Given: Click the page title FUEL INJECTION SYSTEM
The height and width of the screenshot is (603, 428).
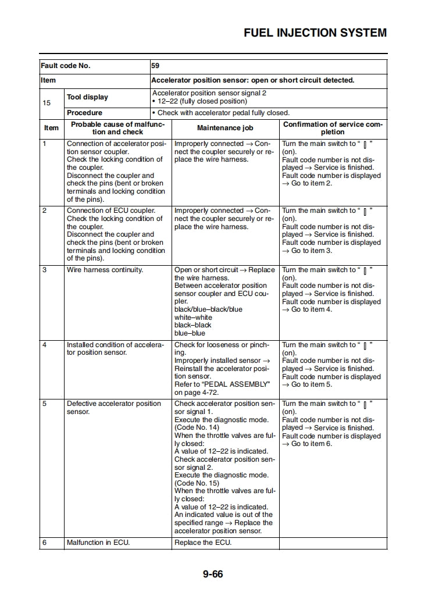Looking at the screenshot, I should (x=315, y=33).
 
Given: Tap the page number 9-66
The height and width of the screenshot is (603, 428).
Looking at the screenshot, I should (x=213, y=575).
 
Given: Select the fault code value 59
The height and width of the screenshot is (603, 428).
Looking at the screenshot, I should (x=155, y=66).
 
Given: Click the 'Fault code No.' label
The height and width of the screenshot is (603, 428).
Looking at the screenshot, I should (x=65, y=66).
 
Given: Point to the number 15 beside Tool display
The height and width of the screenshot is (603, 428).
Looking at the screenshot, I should (x=47, y=103).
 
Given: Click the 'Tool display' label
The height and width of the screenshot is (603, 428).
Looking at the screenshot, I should (x=87, y=97).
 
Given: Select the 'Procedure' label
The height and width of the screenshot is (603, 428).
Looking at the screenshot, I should (x=84, y=113).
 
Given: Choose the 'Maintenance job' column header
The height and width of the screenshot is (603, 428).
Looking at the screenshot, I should (x=225, y=128).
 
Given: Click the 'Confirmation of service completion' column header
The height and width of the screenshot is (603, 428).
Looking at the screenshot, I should (x=333, y=128).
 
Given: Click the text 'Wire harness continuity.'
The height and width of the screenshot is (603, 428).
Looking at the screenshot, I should (x=105, y=270).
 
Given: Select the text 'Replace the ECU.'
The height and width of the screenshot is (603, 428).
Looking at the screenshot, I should (x=203, y=543).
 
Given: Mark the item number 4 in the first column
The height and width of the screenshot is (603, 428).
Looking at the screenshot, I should (x=44, y=345).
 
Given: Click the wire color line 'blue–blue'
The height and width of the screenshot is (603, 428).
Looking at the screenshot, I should (x=190, y=333).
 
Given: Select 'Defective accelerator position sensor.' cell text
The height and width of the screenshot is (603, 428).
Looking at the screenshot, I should (x=113, y=407).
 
